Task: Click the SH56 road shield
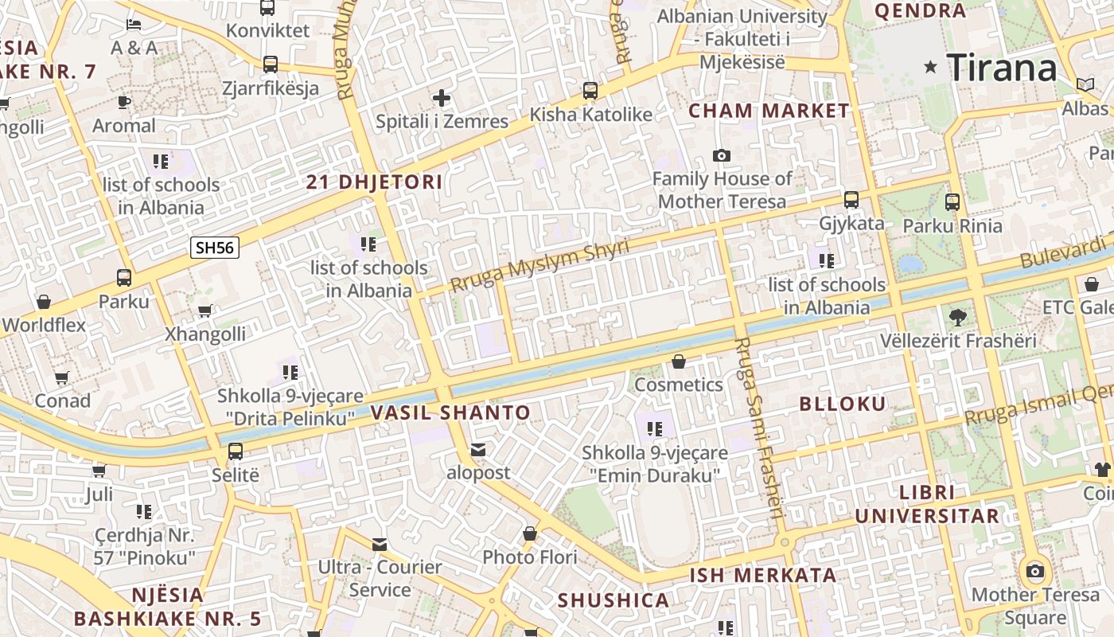click(215, 247)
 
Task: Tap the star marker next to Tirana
click(930, 68)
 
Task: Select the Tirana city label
click(1002, 68)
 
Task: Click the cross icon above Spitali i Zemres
click(442, 99)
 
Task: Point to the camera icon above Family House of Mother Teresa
click(722, 155)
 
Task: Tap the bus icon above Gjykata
click(851, 200)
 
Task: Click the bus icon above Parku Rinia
click(952, 202)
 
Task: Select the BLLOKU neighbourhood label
click(843, 404)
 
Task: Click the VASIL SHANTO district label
click(450, 412)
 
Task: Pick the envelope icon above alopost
click(478, 450)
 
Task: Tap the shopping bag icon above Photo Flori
click(530, 533)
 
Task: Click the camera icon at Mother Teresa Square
click(1035, 571)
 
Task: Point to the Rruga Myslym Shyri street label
click(539, 265)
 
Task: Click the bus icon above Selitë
click(236, 451)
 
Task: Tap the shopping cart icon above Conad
click(62, 377)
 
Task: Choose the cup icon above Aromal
click(123, 102)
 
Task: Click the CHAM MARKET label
click(769, 111)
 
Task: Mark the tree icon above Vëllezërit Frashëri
click(958, 317)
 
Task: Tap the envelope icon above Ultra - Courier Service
click(380, 544)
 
